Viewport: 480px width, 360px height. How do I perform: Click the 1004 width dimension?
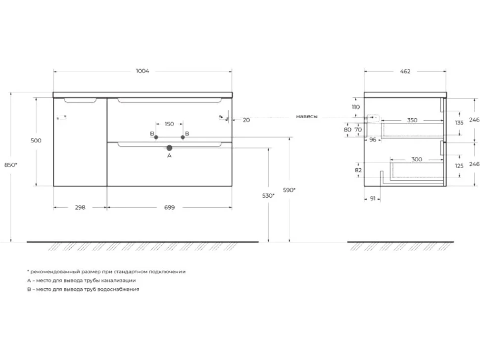tap(143, 71)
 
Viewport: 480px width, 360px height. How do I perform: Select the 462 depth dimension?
tap(405, 71)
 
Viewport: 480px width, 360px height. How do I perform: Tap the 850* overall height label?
tap(11, 165)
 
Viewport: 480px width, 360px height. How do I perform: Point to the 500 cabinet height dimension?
tap(36, 140)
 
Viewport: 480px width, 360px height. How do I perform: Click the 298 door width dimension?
tap(80, 207)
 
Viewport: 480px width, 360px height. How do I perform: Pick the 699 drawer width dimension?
tap(169, 207)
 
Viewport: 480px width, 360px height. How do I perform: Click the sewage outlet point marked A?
tap(169, 148)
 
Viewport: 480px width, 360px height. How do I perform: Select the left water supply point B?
tap(156, 137)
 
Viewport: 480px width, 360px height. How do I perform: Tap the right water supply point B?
tap(183, 137)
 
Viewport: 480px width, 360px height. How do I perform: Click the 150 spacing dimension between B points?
tap(169, 124)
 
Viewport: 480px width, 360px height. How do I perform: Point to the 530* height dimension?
tap(268, 195)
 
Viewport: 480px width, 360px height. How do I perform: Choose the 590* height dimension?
tap(289, 190)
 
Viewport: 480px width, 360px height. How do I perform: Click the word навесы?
tap(307, 117)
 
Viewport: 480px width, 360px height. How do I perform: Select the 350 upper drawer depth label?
tap(412, 120)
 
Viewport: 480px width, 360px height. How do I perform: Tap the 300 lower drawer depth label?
tap(417, 159)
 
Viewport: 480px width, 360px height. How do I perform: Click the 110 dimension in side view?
tap(356, 107)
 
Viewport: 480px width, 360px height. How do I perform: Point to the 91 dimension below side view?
tap(373, 198)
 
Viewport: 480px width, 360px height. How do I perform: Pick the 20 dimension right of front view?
tap(246, 120)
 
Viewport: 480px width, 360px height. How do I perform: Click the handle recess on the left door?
tap(80, 100)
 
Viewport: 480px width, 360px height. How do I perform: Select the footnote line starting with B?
tap(83, 289)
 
